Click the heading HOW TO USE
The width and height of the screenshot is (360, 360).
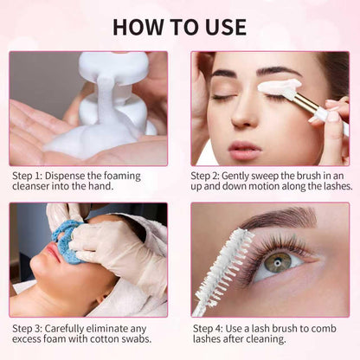[x=179, y=26]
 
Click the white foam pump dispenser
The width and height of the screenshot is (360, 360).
[x=112, y=87]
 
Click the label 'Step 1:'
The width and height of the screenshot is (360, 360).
[x=29, y=174]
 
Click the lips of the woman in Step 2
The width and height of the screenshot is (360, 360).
[x=245, y=149]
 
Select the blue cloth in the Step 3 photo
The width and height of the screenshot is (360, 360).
[x=65, y=240]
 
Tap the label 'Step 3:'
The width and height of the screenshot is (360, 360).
[x=29, y=328]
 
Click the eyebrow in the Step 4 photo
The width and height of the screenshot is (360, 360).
[x=286, y=216]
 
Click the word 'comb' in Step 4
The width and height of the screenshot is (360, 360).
[x=332, y=328]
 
